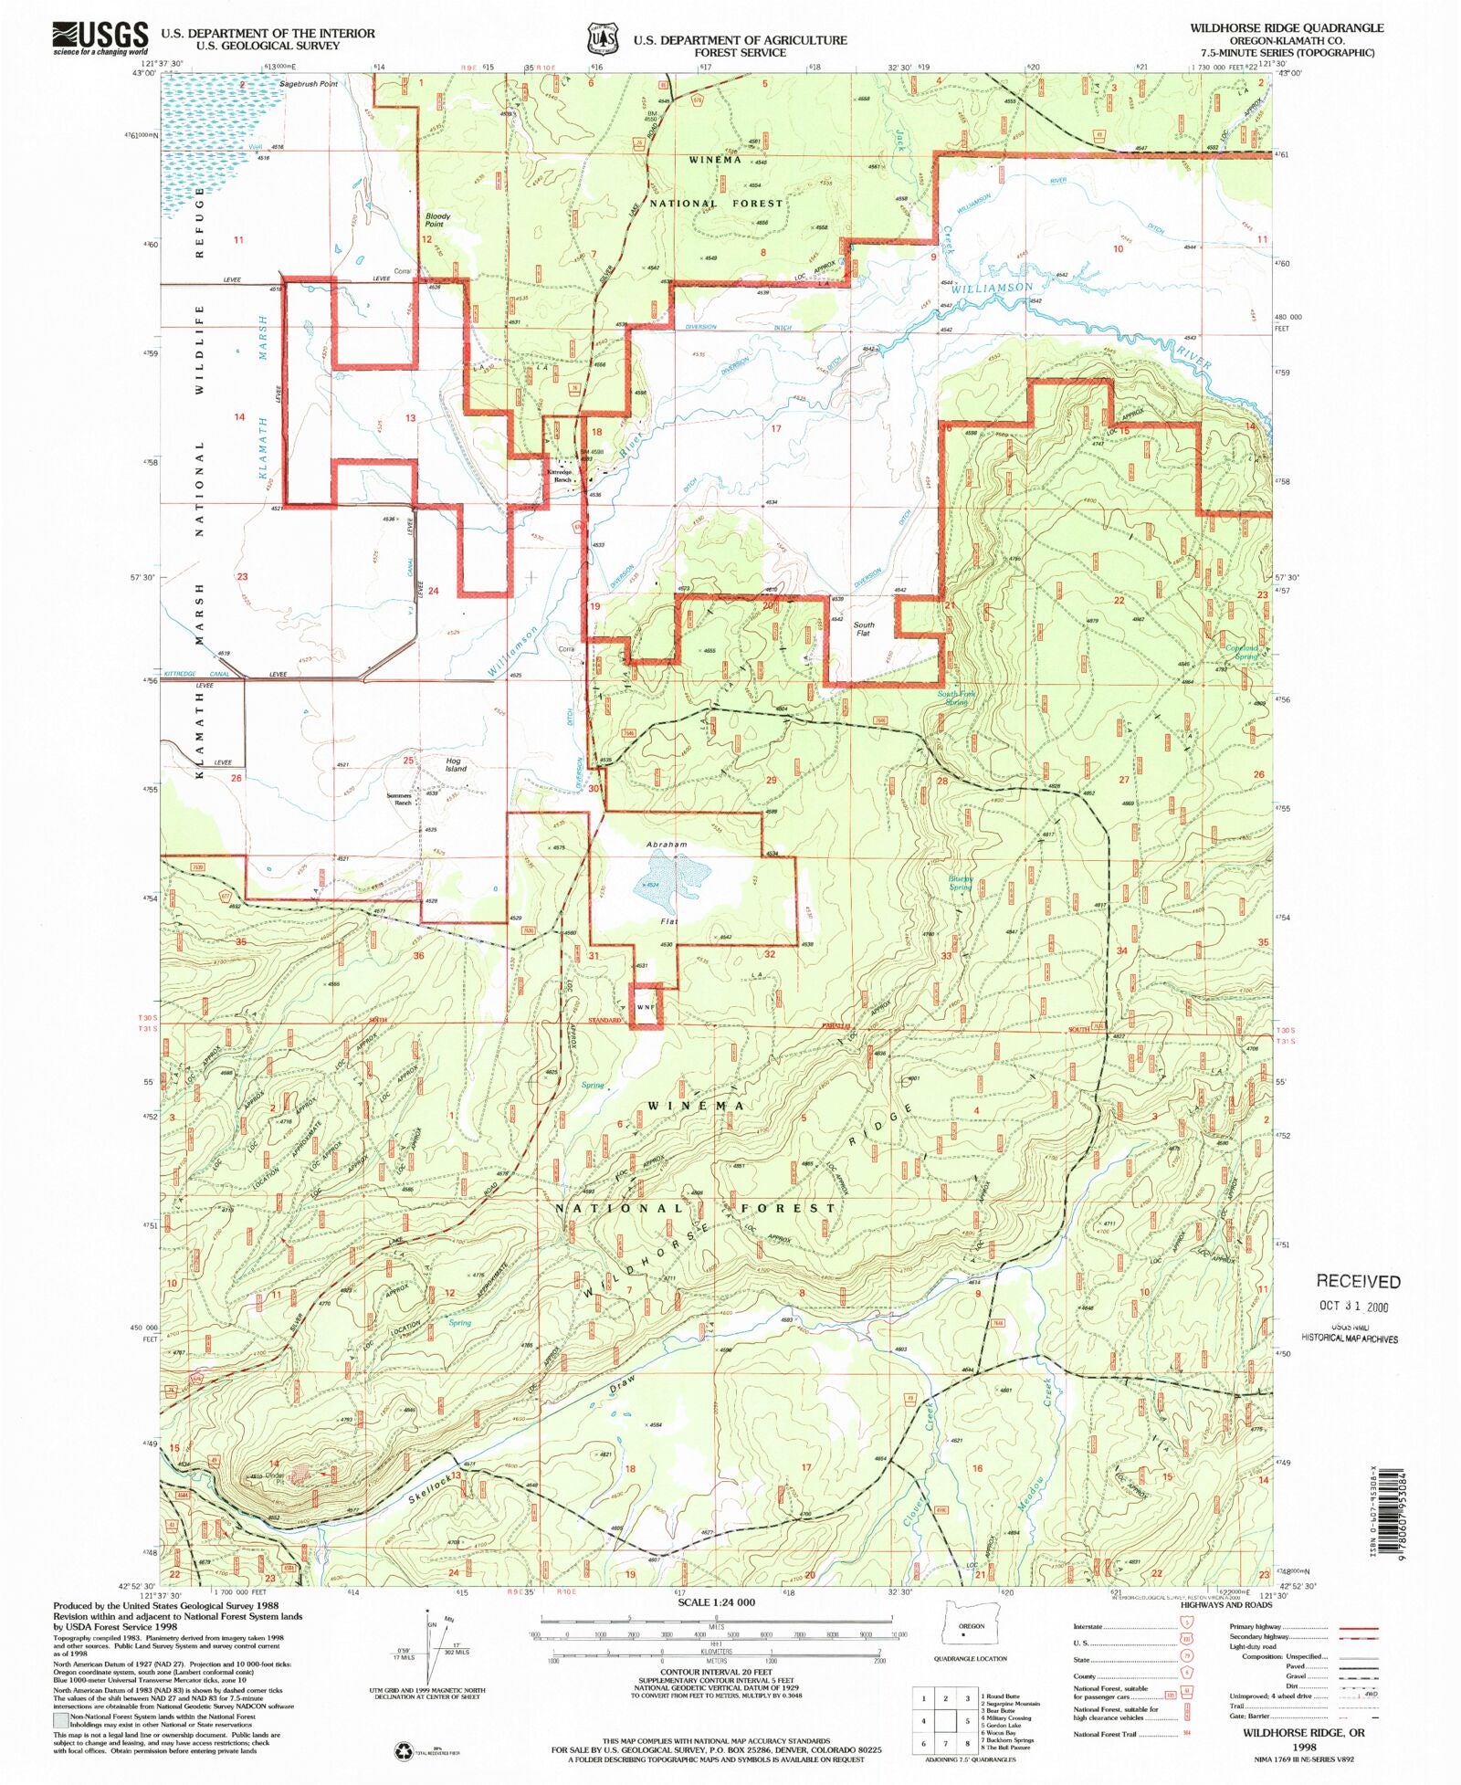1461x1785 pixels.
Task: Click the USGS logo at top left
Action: click(x=100, y=38)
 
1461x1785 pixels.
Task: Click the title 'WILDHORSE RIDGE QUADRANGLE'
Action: click(x=1286, y=28)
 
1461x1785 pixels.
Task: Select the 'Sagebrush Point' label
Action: click(x=309, y=84)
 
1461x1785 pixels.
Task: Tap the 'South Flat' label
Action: click(x=863, y=629)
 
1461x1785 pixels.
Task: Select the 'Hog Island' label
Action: click(x=455, y=764)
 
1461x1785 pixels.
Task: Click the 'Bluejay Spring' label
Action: click(x=960, y=883)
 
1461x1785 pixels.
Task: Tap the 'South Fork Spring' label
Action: click(x=956, y=698)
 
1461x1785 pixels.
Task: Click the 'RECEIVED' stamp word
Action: click(x=1357, y=1282)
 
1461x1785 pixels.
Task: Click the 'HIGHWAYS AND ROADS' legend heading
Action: click(x=1225, y=1604)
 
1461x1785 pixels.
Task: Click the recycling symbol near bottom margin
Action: click(x=403, y=1750)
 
